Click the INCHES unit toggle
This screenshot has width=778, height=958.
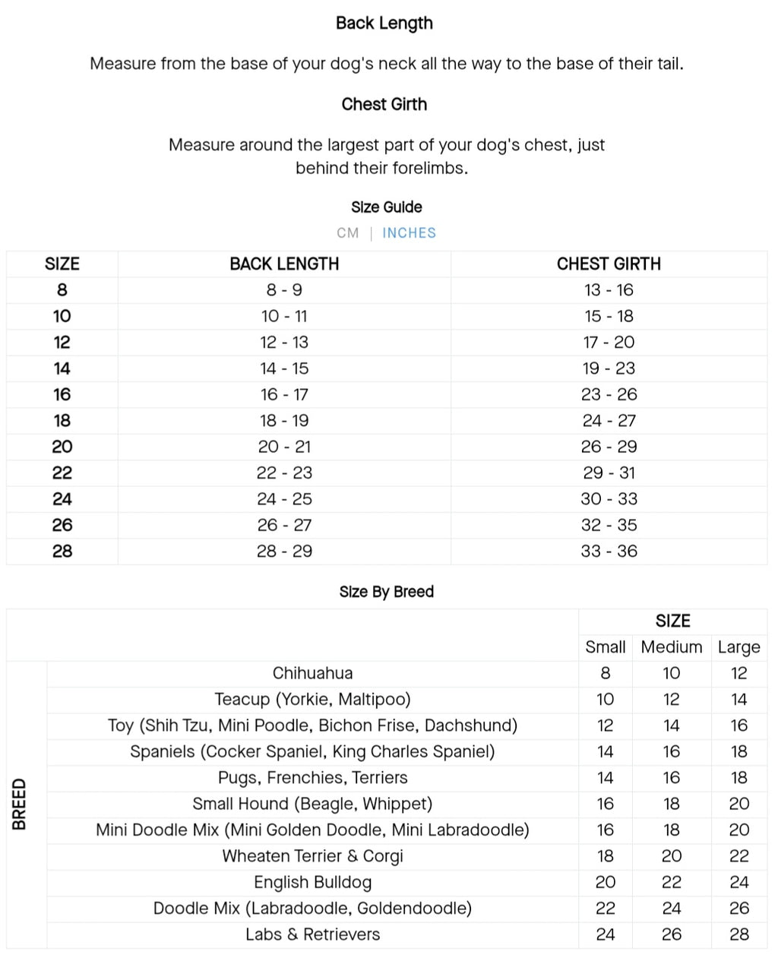pyautogui.click(x=409, y=233)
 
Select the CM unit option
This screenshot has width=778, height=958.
pyautogui.click(x=348, y=233)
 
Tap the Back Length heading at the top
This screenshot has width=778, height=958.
pyautogui.click(x=384, y=24)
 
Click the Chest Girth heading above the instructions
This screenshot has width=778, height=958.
pyautogui.click(x=384, y=104)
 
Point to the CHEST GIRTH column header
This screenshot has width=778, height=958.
pyautogui.click(x=609, y=264)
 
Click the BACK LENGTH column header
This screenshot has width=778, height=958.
pyautogui.click(x=284, y=264)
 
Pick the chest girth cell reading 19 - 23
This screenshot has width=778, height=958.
pyautogui.click(x=609, y=368)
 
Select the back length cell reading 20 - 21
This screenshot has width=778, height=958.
pyautogui.click(x=284, y=447)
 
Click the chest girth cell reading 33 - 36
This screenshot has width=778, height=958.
pyautogui.click(x=609, y=552)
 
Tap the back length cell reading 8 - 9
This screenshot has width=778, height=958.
pyautogui.click(x=284, y=290)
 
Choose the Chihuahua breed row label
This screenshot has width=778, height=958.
pyautogui.click(x=312, y=673)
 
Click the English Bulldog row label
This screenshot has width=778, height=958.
pyautogui.click(x=312, y=883)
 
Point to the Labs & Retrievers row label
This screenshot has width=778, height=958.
pyautogui.click(x=312, y=934)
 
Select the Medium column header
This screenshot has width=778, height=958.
pyautogui.click(x=672, y=647)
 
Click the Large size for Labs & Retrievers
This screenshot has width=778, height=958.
pyautogui.click(x=738, y=934)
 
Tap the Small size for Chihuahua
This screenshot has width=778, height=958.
pyautogui.click(x=605, y=673)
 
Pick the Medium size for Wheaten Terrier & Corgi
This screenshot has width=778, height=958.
pyautogui.click(x=672, y=856)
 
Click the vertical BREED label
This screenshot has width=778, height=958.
pyautogui.click(x=20, y=804)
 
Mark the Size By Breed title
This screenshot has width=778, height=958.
pyautogui.click(x=386, y=592)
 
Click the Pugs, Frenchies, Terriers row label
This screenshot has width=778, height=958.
pyautogui.click(x=312, y=778)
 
